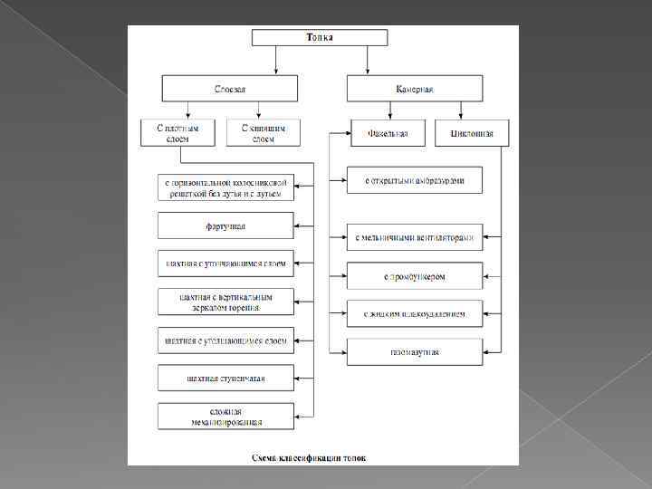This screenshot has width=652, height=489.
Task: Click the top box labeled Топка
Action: (x=319, y=38)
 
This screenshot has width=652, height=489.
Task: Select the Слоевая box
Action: (x=229, y=89)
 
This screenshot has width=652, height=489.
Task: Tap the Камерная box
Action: (x=414, y=89)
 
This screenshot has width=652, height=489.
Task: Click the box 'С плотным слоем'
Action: (x=177, y=133)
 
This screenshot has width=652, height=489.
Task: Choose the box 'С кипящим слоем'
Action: (x=263, y=133)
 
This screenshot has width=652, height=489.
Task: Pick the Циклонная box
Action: (x=472, y=133)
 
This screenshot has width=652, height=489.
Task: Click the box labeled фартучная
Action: (x=225, y=225)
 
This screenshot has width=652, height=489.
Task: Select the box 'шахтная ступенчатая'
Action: (x=225, y=378)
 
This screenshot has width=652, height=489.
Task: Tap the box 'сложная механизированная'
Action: (x=225, y=416)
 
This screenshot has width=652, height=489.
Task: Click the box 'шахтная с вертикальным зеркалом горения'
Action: (x=225, y=302)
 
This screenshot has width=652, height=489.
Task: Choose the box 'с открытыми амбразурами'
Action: (x=414, y=180)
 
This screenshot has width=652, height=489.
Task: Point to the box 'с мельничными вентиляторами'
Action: (x=414, y=238)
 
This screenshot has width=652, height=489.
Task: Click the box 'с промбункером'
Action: (x=414, y=275)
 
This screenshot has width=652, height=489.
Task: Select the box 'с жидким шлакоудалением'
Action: (x=414, y=314)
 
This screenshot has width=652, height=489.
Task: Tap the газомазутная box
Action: (x=414, y=351)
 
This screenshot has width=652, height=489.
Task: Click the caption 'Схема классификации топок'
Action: (x=310, y=457)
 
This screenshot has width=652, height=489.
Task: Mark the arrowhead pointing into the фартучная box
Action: (x=298, y=225)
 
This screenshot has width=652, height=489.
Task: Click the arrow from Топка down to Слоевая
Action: (x=276, y=60)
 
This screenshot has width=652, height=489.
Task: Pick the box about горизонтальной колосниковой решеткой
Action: (x=225, y=187)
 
